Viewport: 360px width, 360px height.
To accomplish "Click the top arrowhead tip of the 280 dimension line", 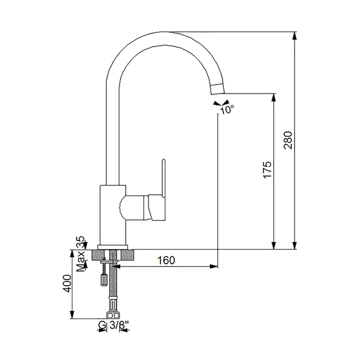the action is [295, 32].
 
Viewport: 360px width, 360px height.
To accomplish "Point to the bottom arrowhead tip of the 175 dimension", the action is [273, 249].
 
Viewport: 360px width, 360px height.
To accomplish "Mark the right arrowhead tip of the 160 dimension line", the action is [217, 266].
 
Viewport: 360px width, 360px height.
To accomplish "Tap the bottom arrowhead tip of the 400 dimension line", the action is [72, 319].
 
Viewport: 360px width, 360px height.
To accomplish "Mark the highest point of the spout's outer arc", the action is [161, 31].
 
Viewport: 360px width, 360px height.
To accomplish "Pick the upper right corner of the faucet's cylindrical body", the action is [126, 185].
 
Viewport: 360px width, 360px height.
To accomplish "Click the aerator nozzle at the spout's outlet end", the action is [217, 89].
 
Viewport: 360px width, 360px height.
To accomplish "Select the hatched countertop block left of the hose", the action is [98, 255].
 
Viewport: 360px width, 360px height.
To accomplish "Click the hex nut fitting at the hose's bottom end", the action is [113, 315].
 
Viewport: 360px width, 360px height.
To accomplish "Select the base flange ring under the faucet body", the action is [112, 247].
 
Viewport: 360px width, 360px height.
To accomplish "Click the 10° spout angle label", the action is [227, 110].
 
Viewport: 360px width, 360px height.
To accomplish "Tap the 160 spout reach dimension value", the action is [166, 260].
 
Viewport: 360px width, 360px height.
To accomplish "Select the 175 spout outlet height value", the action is [267, 170].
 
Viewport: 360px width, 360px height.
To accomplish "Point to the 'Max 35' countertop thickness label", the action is [80, 254].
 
